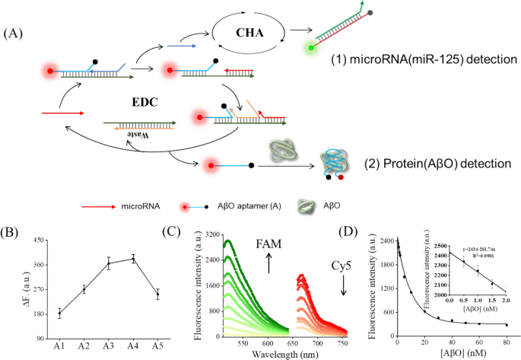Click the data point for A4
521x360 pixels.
(x=133, y=259)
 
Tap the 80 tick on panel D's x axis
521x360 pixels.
(x=507, y=342)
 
